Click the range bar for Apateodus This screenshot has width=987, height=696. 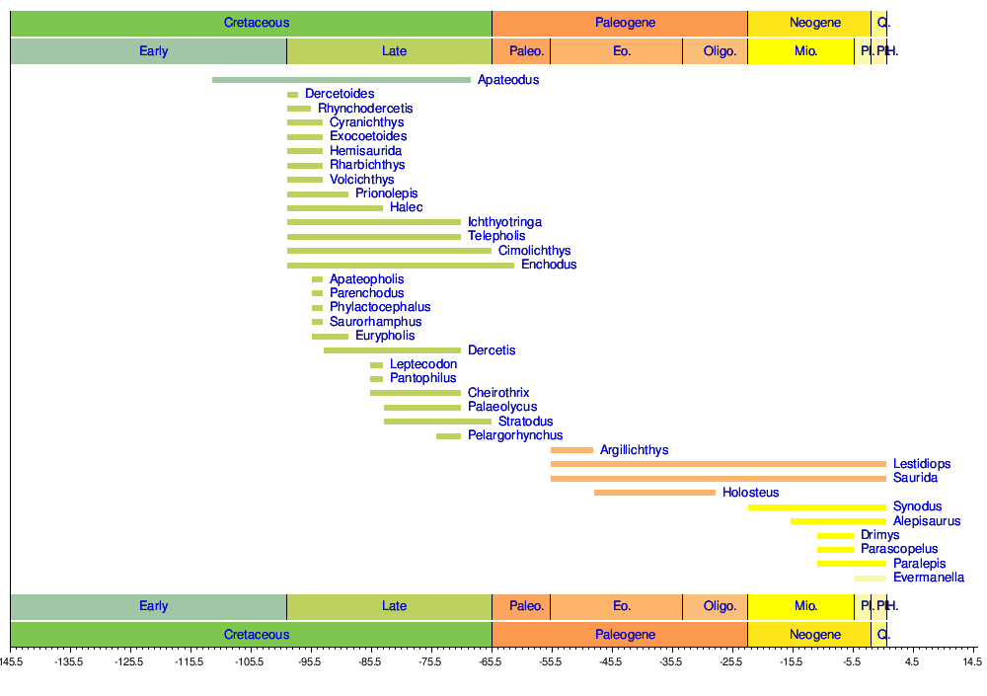point(341,80)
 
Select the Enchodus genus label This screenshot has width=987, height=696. point(549,265)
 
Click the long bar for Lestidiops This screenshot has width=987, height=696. point(718,464)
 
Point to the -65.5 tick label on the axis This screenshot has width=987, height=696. point(491,661)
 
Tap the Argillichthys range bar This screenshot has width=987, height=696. point(571,450)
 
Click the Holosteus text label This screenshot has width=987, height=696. point(750,493)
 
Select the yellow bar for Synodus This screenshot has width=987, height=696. point(816,507)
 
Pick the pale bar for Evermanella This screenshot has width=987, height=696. point(870,579)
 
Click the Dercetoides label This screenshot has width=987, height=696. point(340,94)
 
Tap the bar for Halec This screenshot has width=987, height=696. point(335,208)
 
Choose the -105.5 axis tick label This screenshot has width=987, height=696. point(250,661)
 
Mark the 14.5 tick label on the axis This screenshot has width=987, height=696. point(971,661)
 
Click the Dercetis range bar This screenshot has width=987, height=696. point(392,350)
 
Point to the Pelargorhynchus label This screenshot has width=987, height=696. point(515,435)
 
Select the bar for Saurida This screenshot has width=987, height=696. point(718,479)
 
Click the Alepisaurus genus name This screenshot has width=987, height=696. point(926,521)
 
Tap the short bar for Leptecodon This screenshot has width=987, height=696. point(376,365)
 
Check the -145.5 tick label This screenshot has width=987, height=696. point(10,661)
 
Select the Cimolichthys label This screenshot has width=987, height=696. point(534,251)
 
